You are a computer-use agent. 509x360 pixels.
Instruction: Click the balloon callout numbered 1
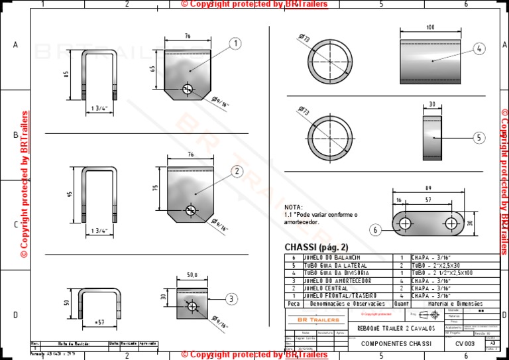click(x=235, y=44)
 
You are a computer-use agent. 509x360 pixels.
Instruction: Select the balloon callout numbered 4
click(x=480, y=48)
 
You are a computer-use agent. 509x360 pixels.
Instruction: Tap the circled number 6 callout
click(x=376, y=230)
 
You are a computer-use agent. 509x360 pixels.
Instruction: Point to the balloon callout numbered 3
click(x=230, y=299)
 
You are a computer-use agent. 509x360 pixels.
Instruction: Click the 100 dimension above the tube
click(x=431, y=27)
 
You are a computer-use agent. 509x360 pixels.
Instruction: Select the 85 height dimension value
click(x=66, y=75)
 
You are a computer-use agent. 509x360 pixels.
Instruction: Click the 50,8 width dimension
click(x=192, y=274)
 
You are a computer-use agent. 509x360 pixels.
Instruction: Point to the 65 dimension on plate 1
click(x=153, y=68)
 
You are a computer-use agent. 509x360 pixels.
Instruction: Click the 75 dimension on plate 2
click(x=155, y=188)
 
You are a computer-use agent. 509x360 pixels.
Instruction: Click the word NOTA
click(x=293, y=207)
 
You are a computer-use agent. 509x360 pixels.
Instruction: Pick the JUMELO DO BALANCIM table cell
click(x=331, y=257)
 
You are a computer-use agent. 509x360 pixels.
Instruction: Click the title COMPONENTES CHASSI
click(x=396, y=344)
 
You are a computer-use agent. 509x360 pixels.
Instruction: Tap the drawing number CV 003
click(x=465, y=344)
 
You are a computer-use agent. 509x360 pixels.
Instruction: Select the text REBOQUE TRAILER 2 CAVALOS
click(x=396, y=328)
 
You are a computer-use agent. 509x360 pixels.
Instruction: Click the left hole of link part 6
click(x=404, y=223)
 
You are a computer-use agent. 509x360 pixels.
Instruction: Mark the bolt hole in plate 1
click(x=188, y=89)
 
